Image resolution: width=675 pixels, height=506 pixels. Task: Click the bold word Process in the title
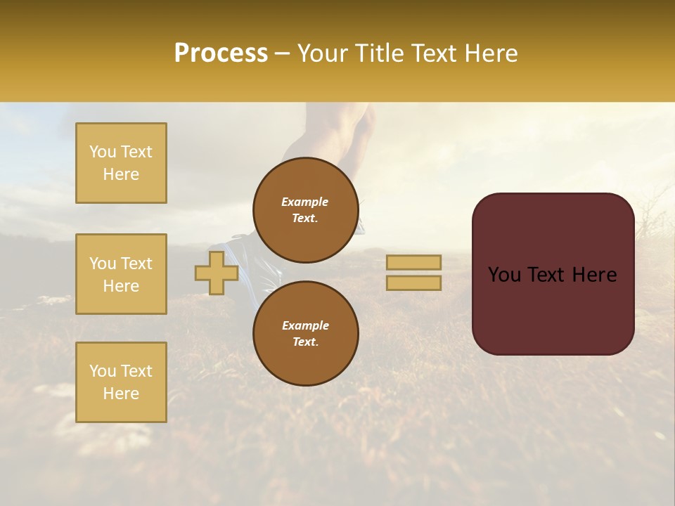click(x=221, y=53)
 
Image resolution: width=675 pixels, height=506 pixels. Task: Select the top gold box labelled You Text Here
click(x=121, y=163)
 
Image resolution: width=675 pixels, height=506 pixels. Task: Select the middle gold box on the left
click(x=121, y=274)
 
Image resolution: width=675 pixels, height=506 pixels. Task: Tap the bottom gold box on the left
click(x=121, y=382)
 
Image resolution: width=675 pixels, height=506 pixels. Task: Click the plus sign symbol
click(x=217, y=273)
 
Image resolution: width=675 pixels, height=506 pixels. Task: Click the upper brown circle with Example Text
click(x=305, y=210)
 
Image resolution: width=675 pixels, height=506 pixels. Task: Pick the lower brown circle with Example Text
click(x=305, y=334)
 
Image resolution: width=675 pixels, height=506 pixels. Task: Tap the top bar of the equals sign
click(x=413, y=263)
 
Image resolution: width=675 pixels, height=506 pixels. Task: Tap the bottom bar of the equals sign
click(x=413, y=283)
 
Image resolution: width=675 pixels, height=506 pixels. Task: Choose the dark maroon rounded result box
click(x=553, y=274)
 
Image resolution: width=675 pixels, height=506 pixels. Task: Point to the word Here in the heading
click(x=491, y=53)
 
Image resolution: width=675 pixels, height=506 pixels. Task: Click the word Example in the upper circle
click(x=304, y=202)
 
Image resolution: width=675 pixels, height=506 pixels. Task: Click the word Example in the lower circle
click(x=305, y=325)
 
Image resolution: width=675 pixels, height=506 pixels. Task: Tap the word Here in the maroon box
click(x=594, y=275)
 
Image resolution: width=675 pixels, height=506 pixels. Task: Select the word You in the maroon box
click(x=504, y=275)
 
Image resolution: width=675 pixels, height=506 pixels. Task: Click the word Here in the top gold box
click(x=121, y=174)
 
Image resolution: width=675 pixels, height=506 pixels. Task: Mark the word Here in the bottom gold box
click(x=121, y=394)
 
